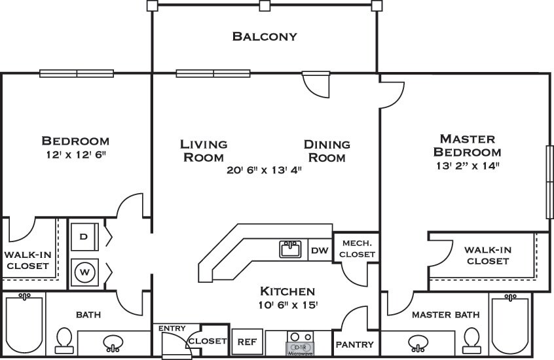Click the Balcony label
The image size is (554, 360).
265,37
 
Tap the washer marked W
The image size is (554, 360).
84,272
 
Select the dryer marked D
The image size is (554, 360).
84,236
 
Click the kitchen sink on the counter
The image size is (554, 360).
290,249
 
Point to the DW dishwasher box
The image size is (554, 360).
320,250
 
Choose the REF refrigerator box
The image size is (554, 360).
248,342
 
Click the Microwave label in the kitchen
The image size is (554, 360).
301,353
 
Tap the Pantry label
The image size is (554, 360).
354,344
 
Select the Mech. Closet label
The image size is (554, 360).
357,249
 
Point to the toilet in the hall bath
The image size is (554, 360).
64,340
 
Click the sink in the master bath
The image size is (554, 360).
418,344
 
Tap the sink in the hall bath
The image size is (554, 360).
113,344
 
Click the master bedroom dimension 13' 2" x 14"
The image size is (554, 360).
468,166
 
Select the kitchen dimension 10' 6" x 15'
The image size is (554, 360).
288,305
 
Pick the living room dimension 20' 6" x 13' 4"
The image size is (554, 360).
265,170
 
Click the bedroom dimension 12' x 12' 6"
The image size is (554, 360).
76,154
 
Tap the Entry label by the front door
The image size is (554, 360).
172,329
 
